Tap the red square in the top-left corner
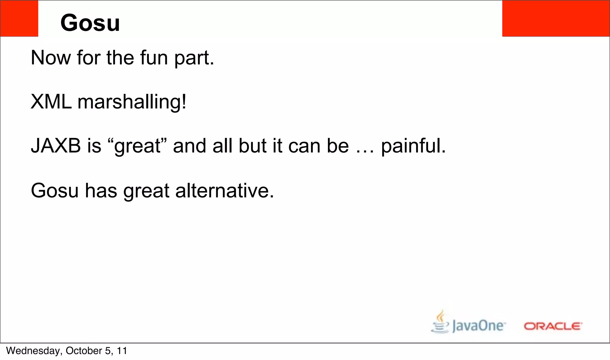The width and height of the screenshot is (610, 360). coord(19,18)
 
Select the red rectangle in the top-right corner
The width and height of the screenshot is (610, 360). coord(556,18)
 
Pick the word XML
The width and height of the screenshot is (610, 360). coord(51,102)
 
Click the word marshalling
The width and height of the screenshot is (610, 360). coord(132,102)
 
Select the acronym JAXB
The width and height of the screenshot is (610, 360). coord(56,146)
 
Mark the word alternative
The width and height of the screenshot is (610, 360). coord(224,191)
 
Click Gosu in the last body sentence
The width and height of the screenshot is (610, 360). coord(55,191)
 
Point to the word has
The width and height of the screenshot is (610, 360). coord(101,191)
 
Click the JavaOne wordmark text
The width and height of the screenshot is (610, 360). coord(478,325)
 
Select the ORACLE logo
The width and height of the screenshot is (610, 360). coord(553,326)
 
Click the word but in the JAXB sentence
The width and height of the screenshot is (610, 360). coord(252,146)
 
